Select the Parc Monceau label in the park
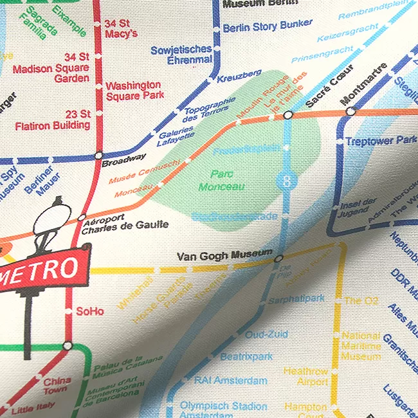[x=221, y=180]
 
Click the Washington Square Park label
[x=133, y=91]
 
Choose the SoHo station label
[x=90, y=311]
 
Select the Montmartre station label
[x=364, y=84]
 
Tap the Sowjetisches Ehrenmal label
[x=181, y=55]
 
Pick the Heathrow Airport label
[x=306, y=377]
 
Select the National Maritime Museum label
[x=361, y=346]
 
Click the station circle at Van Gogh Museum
[x=278, y=259]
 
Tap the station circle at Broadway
[x=98, y=155]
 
